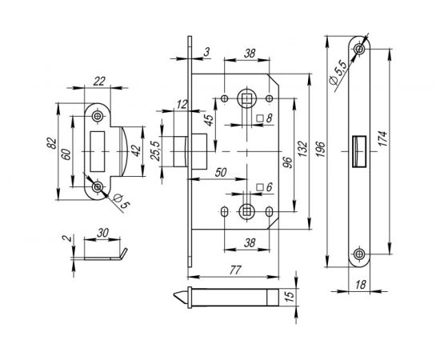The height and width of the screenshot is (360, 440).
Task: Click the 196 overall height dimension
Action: coord(322,150)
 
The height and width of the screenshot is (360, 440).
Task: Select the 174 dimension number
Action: coord(382,138)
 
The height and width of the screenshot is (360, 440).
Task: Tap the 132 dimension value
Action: coord(303,149)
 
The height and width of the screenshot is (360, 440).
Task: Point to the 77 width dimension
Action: coord(235,270)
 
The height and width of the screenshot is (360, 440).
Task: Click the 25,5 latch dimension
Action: coord(155,150)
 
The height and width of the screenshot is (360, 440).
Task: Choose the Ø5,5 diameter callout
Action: coord(338,71)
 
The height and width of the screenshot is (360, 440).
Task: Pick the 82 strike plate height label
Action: coord(52,143)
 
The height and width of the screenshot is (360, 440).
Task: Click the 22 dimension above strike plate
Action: coord(99,82)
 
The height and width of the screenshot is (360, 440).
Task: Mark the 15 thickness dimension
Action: coord(290,295)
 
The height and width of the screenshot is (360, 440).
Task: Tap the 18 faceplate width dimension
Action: coord(361,285)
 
